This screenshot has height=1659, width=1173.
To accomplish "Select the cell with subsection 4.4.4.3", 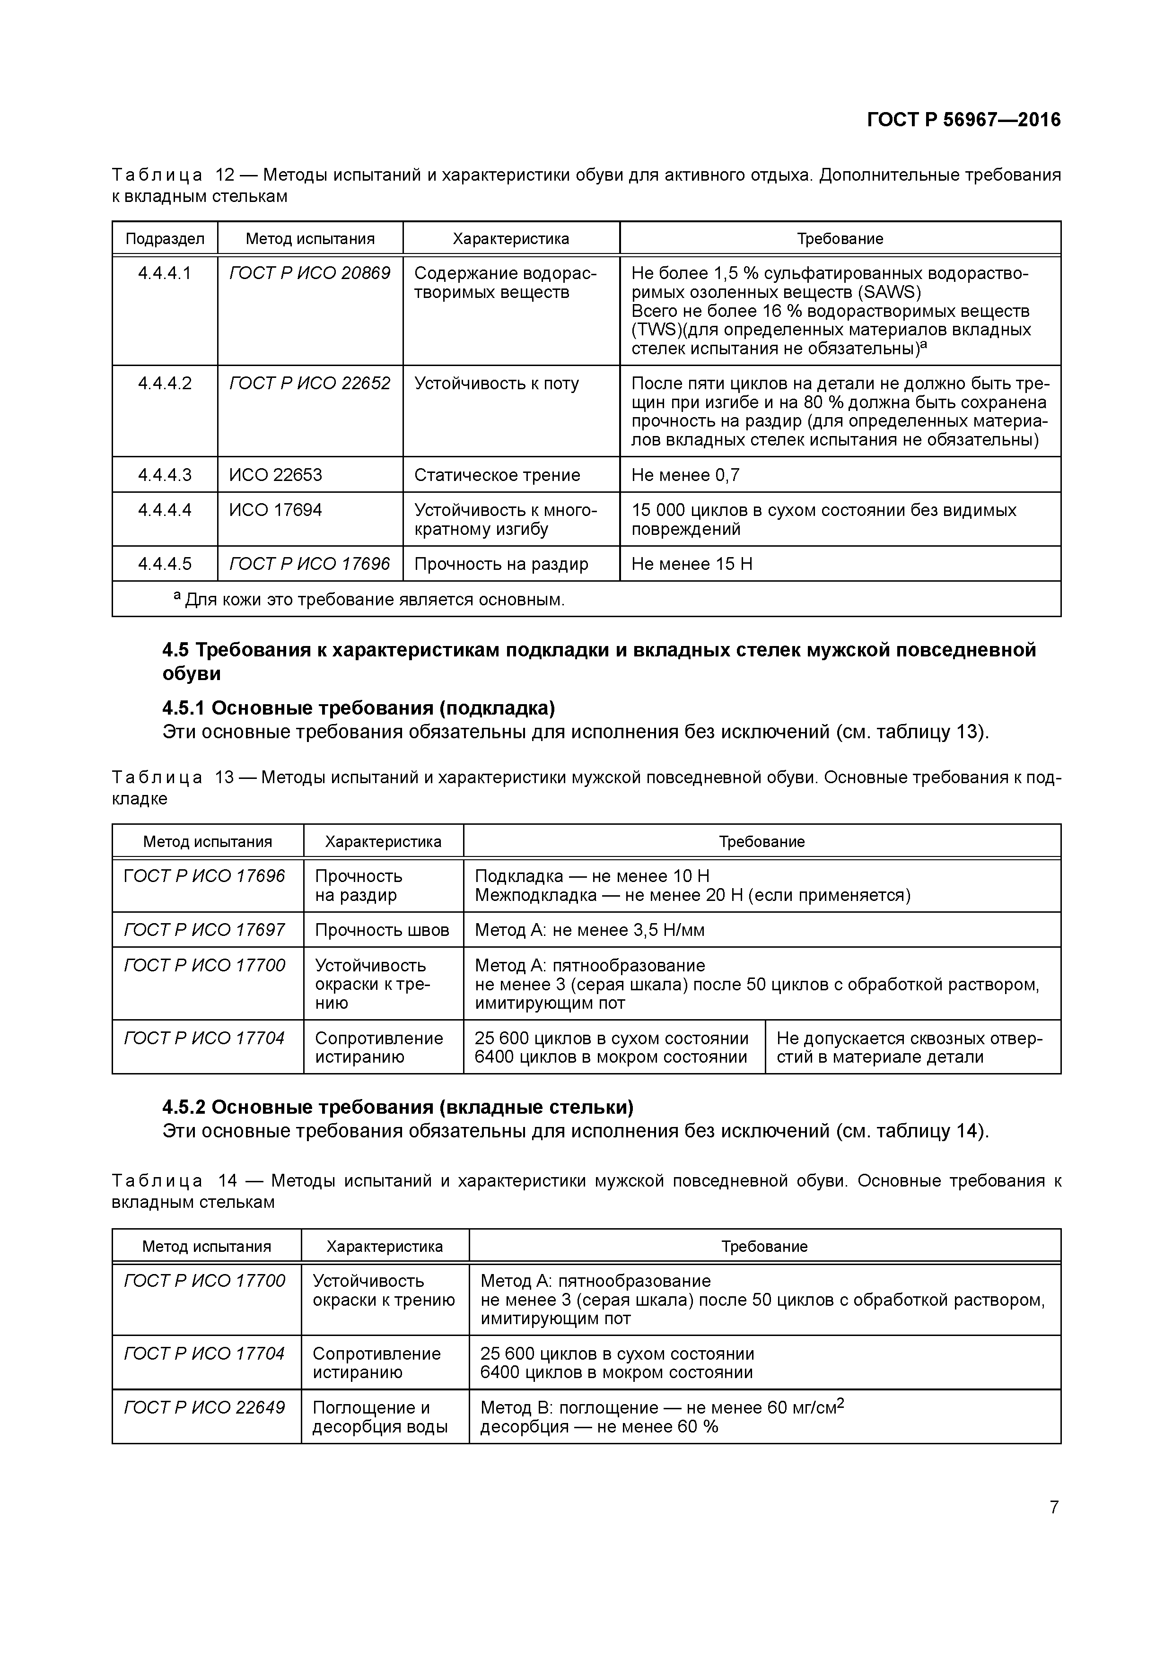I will [x=165, y=475].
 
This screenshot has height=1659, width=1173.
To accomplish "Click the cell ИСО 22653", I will [x=275, y=475].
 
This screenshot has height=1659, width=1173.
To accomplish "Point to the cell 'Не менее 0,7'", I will [x=685, y=475].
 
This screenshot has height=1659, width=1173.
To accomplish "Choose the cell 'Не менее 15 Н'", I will [x=692, y=564].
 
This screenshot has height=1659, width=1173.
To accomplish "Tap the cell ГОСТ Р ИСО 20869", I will [x=309, y=273].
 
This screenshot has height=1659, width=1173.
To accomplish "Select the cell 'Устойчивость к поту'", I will [x=497, y=384].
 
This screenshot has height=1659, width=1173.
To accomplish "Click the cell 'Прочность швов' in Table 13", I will [x=382, y=930].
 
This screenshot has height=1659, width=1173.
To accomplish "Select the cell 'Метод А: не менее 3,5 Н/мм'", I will [x=589, y=930].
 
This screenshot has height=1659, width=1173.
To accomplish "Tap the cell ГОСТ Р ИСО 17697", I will [x=204, y=930].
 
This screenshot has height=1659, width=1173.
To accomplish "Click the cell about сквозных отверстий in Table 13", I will [x=909, y=1047].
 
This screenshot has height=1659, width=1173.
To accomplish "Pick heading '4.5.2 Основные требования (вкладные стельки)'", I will [x=397, y=1107].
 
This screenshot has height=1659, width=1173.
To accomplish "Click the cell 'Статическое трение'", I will [x=497, y=475].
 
